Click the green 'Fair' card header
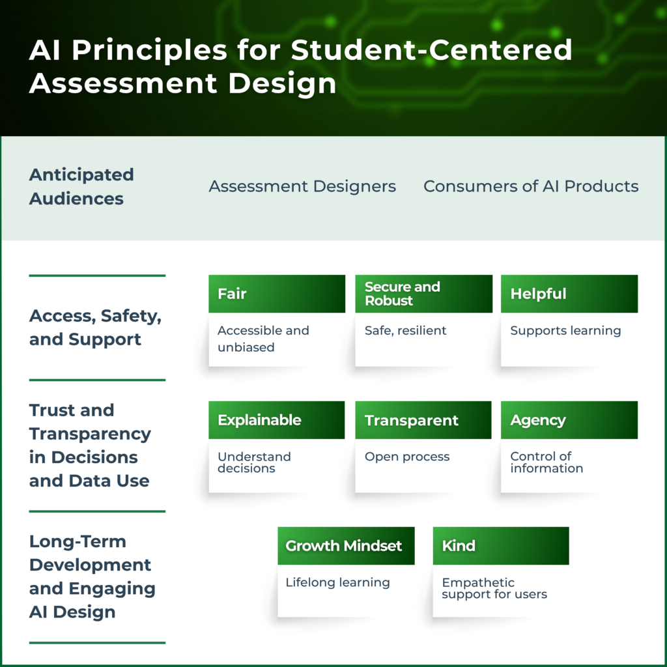coord(276,294)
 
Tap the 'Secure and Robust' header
coord(423,294)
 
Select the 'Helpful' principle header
coord(569,294)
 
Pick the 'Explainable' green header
coord(276,420)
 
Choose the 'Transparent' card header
coord(423,420)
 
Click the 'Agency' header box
coord(569,420)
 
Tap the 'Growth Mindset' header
coord(346,546)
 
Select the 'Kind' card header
coord(501,546)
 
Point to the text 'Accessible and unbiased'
coord(263,339)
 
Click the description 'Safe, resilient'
coord(405,330)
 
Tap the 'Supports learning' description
coord(565,330)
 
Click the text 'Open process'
coord(407,457)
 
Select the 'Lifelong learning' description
coord(337,582)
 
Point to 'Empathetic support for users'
coord(494,588)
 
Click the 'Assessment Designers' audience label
coord(302,186)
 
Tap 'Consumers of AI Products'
coord(531,186)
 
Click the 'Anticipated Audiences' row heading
coord(81,186)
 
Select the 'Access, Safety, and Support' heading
coord(95,328)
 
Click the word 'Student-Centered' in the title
coord(431,50)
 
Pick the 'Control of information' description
coord(546,462)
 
